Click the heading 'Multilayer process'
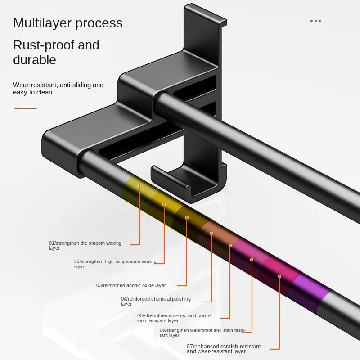tap(67, 23)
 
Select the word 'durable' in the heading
tap(35, 60)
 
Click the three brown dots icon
tap(315, 21)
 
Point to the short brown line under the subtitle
tap(26, 108)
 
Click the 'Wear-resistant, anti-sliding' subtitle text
tap(58, 85)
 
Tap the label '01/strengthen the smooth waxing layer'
tap(85, 245)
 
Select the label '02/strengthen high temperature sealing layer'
tap(115, 263)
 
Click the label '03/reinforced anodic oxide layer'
tap(131, 285)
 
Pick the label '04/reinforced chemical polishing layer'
tap(156, 301)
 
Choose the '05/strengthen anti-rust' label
tap(174, 318)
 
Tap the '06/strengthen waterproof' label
tap(202, 333)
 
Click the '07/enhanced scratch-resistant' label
tap(224, 348)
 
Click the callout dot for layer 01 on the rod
tap(139, 185)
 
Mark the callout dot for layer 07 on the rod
tap(279, 276)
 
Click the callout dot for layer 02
tap(164, 204)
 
